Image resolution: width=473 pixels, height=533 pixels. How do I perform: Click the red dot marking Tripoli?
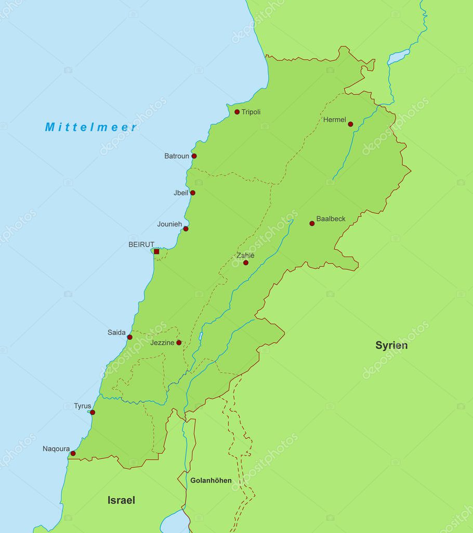click(x=237, y=112)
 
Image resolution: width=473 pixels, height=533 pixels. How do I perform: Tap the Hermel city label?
click(x=334, y=120)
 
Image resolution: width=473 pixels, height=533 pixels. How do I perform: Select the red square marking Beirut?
click(x=156, y=251)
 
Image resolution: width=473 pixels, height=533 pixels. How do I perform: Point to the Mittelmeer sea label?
click(x=91, y=127)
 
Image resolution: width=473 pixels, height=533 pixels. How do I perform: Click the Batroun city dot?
click(x=194, y=156)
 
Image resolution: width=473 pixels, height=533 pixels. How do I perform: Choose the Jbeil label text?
click(x=181, y=193)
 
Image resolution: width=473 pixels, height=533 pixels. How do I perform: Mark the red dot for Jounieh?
click(x=186, y=229)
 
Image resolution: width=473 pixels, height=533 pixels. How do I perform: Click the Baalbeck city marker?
click(x=312, y=223)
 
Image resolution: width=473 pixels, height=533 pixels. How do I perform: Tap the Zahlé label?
click(x=245, y=256)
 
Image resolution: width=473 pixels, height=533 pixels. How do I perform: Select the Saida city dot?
click(x=129, y=337)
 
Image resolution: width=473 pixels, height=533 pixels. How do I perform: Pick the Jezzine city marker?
click(x=179, y=342)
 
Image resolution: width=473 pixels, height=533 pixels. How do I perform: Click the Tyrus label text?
click(x=82, y=406)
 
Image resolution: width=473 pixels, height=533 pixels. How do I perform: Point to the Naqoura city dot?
click(x=73, y=453)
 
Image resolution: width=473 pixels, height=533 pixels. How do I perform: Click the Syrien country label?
click(x=391, y=345)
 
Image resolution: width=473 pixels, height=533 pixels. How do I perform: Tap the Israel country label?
click(x=121, y=500)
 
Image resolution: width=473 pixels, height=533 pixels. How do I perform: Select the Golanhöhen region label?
click(x=211, y=480)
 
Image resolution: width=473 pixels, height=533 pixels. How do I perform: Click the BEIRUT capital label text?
click(x=141, y=244)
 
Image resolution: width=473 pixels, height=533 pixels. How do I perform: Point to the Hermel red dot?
click(x=350, y=124)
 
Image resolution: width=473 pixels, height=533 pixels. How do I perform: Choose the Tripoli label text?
click(x=251, y=112)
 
